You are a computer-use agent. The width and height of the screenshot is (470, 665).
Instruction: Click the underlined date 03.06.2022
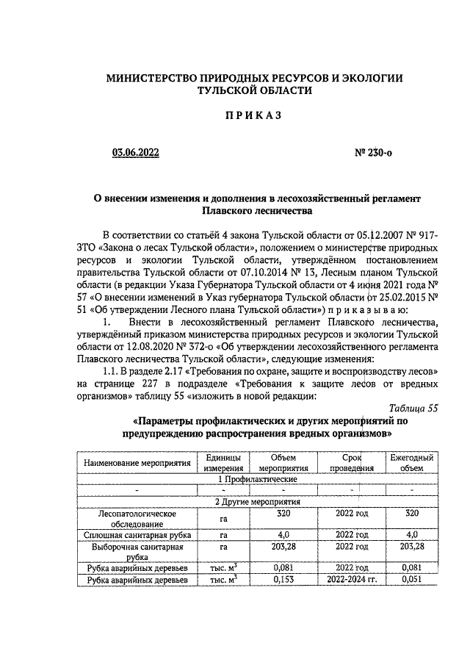point(134,153)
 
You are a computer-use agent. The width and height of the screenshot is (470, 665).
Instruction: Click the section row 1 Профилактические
point(254,478)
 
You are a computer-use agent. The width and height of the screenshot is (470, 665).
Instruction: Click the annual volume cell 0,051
point(412,579)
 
